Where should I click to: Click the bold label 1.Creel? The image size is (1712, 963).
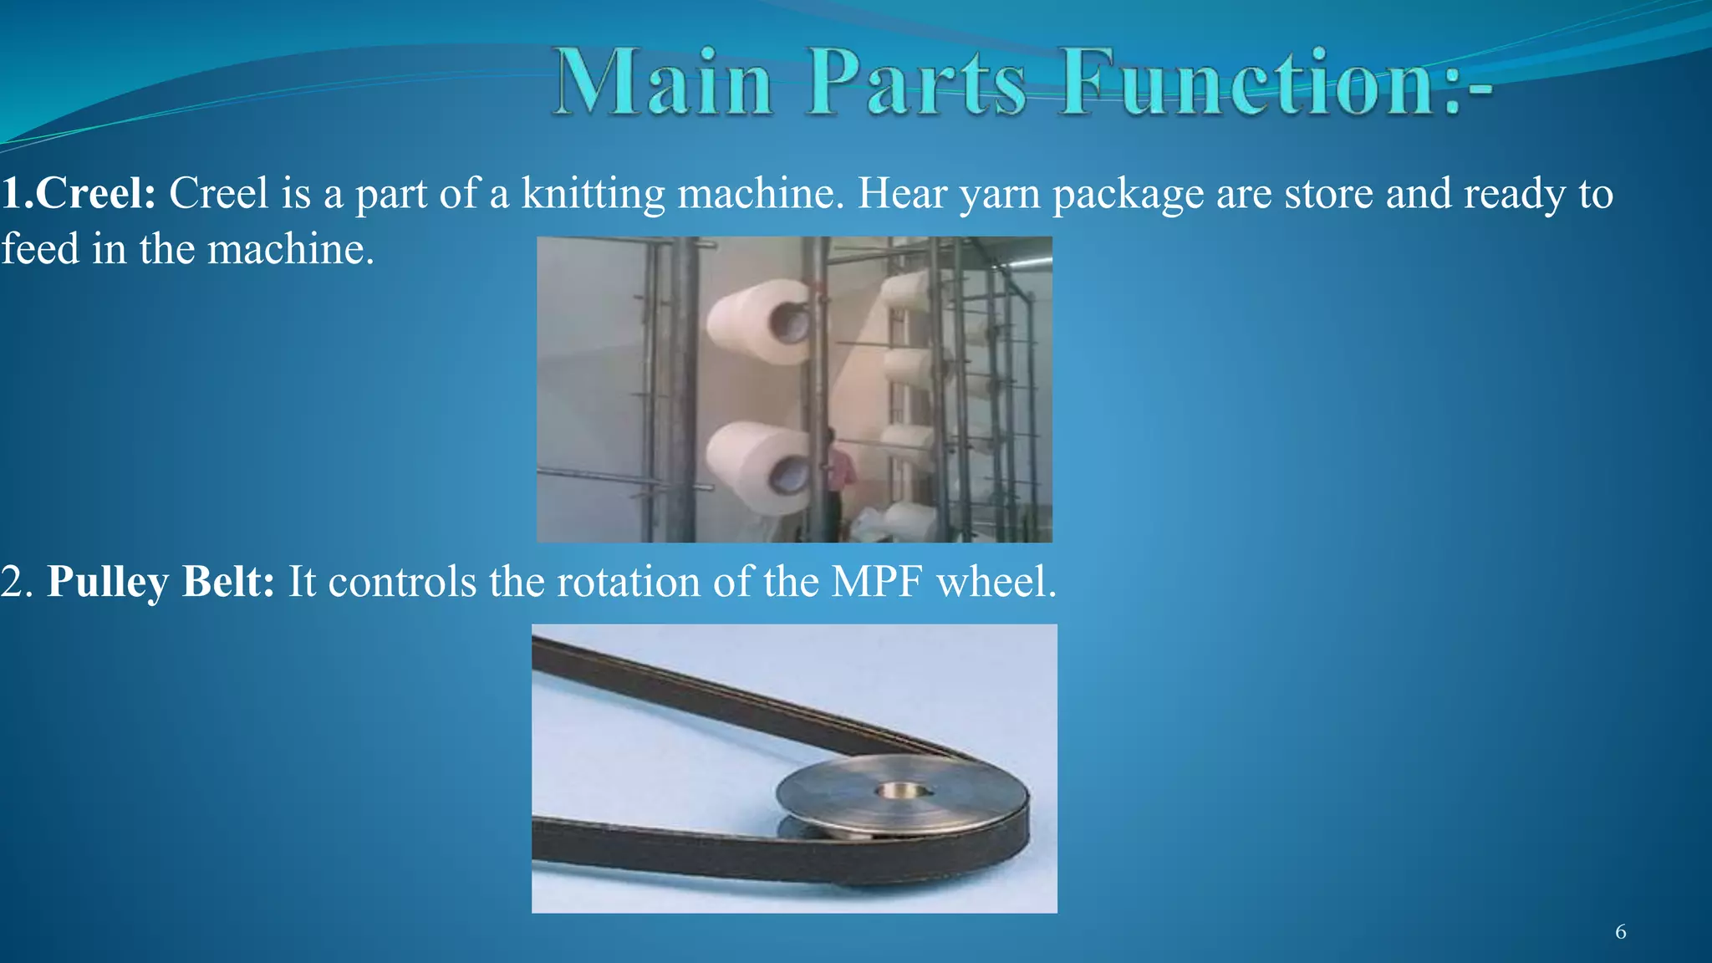[78, 194]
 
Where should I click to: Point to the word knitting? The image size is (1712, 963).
[593, 194]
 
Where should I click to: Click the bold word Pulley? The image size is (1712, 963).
[107, 582]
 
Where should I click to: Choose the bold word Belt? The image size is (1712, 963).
[228, 581]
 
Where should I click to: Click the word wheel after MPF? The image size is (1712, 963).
[996, 582]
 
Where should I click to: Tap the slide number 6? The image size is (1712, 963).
[1620, 932]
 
